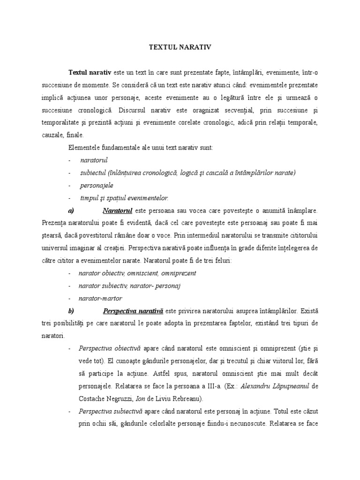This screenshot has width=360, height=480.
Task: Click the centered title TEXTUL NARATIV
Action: tap(180, 47)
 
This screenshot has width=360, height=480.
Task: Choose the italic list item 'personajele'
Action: tap(97, 185)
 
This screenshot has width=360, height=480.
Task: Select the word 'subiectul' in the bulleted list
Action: tap(93, 172)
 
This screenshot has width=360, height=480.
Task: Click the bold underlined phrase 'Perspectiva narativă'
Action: tap(133, 310)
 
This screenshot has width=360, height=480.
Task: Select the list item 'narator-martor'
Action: tap(101, 298)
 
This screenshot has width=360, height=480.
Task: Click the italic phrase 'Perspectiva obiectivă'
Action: tap(106, 348)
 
